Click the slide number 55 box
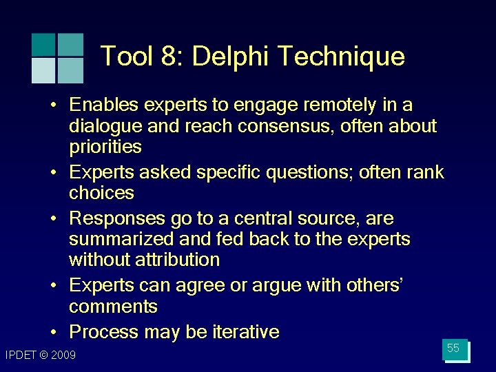click(454, 349)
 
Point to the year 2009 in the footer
click(63, 355)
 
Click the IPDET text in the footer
click(20, 355)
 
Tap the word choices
click(101, 192)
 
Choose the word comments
click(113, 307)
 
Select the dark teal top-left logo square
click(43, 45)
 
